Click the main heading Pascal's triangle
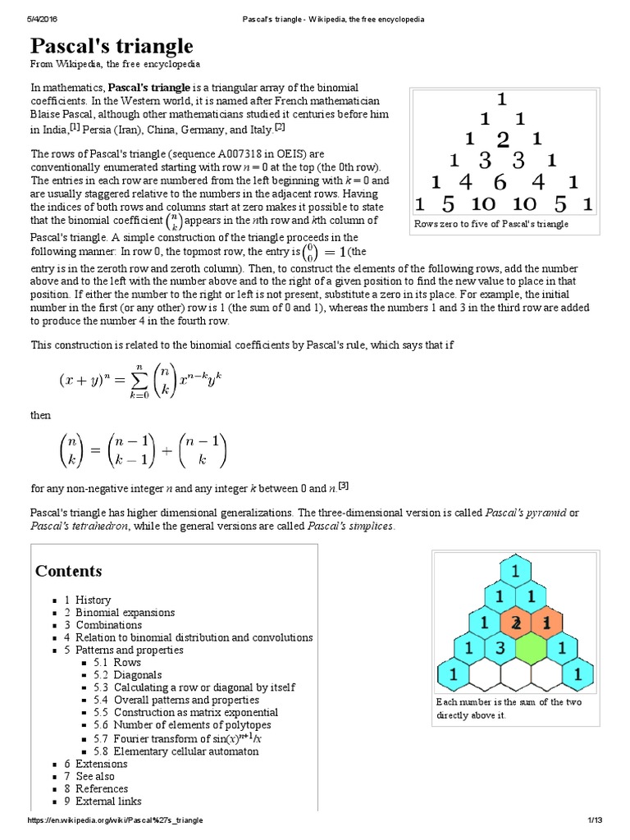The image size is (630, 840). (112, 45)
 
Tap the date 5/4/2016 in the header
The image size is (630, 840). (44, 19)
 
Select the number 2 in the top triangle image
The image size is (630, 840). (503, 139)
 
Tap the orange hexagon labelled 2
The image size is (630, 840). (516, 622)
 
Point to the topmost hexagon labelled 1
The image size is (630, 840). (515, 569)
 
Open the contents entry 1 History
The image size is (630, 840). (88, 600)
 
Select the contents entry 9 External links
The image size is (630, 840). (103, 801)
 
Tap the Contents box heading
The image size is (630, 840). (69, 571)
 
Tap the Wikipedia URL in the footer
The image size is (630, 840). (116, 820)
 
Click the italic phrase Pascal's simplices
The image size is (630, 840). (350, 526)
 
